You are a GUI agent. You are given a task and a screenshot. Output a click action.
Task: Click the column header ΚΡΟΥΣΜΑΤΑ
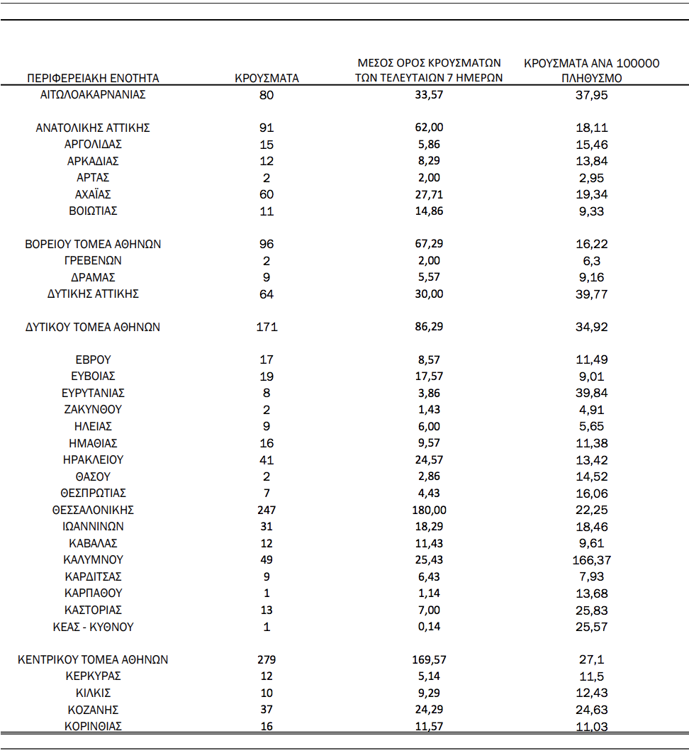[267, 78]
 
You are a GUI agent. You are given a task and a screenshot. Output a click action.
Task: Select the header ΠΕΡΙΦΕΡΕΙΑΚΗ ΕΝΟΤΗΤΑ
[93, 78]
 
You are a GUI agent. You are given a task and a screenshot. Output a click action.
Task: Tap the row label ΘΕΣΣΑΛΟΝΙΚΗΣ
[93, 510]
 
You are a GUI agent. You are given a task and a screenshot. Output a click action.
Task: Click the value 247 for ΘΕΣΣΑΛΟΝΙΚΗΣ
[267, 510]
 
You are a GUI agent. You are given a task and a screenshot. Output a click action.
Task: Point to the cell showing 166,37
[592, 559]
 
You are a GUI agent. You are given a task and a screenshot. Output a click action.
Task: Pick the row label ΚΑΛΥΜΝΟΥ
[93, 559]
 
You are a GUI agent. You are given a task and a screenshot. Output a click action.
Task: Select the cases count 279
[267, 659]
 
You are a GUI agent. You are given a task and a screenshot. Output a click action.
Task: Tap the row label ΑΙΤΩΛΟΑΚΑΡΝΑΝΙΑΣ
[93, 94]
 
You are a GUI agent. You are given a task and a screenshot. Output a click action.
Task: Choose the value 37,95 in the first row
[592, 94]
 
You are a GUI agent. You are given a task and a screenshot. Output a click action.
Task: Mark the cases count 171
[267, 327]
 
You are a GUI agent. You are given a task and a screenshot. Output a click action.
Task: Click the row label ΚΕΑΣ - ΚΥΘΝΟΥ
[93, 627]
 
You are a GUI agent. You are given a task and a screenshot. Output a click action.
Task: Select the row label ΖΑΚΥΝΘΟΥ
[93, 410]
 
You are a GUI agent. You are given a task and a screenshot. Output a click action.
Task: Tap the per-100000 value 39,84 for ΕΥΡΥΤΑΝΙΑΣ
[592, 393]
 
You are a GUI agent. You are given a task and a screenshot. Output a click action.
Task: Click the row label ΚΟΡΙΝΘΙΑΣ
[93, 726]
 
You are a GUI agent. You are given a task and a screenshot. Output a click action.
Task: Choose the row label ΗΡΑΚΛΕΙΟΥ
[93, 459]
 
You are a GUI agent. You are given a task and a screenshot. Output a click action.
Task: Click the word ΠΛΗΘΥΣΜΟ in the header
[592, 78]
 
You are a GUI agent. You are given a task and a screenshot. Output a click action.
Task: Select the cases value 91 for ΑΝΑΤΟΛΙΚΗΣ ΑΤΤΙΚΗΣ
[267, 128]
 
